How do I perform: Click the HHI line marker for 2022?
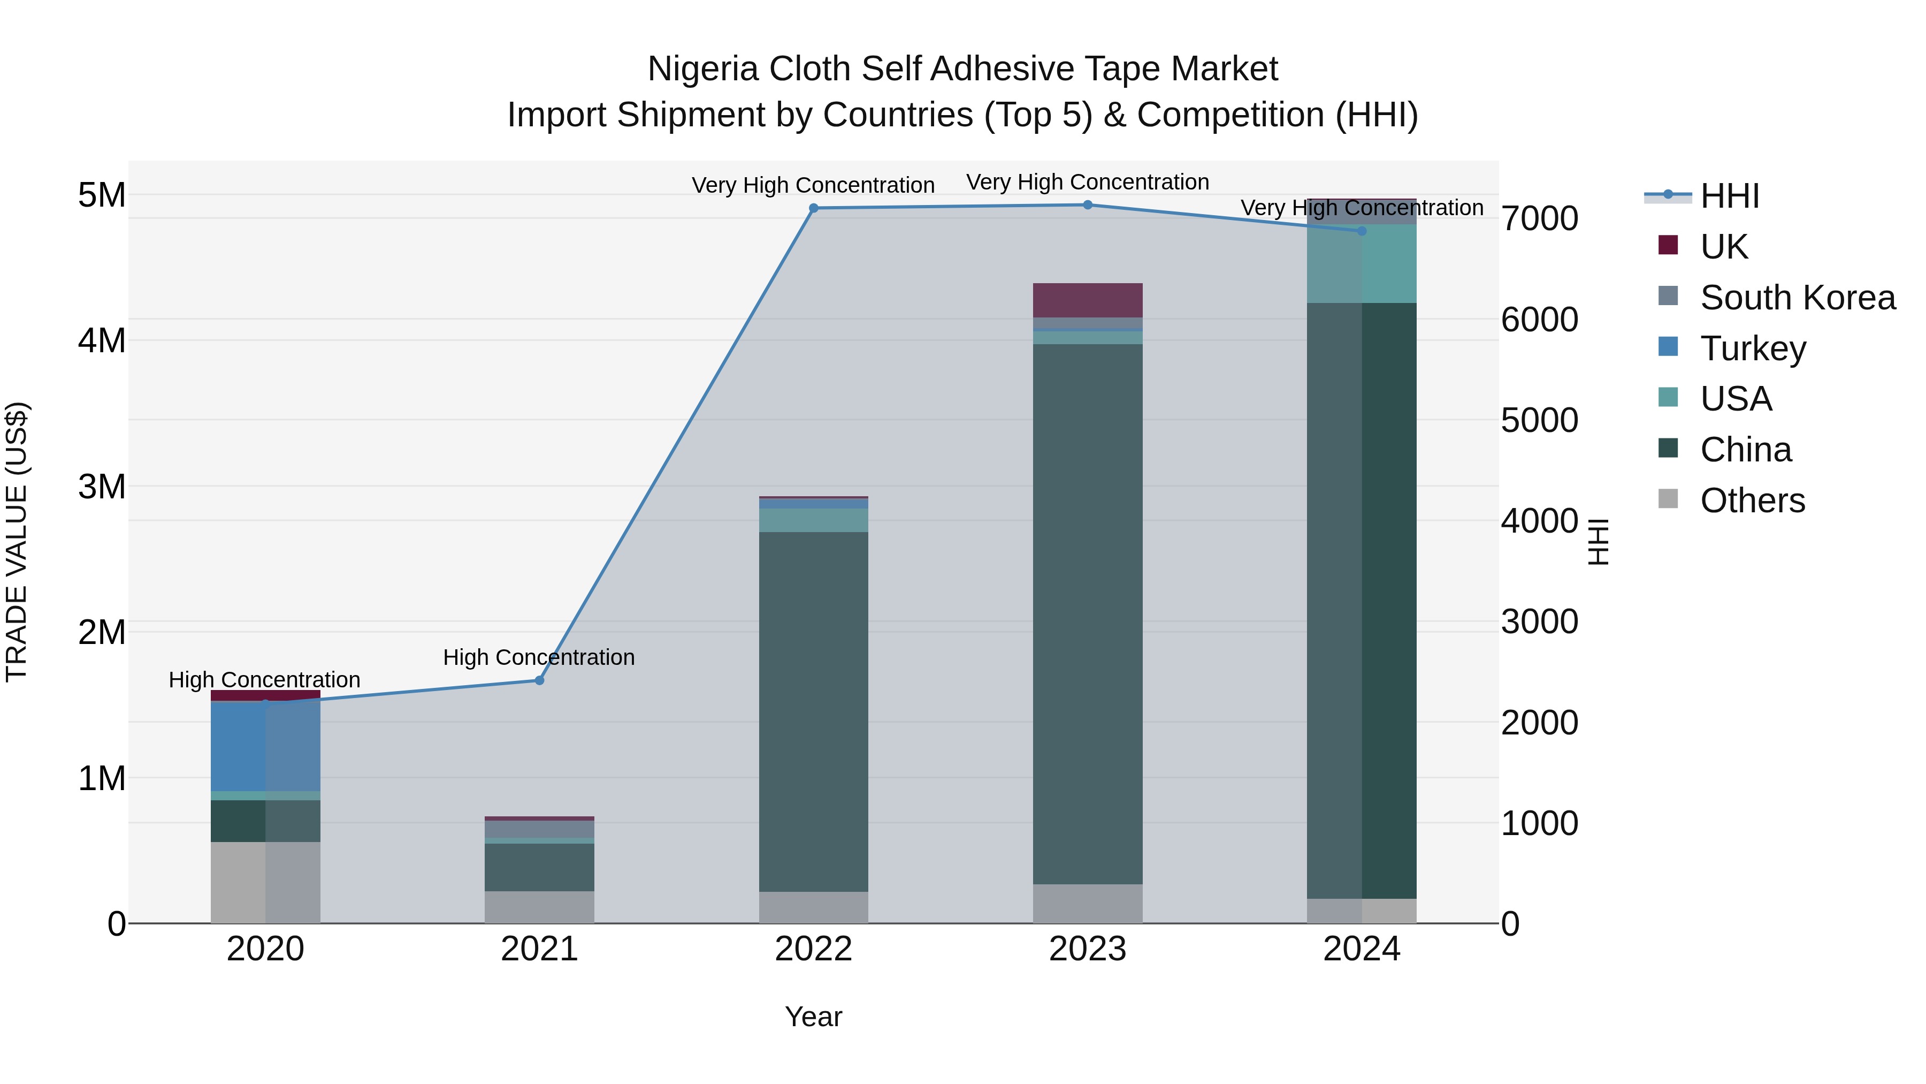coord(813,208)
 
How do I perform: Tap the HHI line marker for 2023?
coord(1088,205)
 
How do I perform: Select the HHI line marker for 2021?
coord(539,680)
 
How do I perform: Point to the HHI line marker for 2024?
coord(1362,231)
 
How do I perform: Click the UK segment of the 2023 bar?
coord(1088,300)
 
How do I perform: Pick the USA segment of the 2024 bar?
coord(1362,263)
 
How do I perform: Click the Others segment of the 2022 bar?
coord(813,907)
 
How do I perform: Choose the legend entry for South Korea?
coord(1798,298)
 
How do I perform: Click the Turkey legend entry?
coord(1753,348)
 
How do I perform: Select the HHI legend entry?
coord(1729,196)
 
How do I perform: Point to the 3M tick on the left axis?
coord(102,486)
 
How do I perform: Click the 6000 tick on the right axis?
coord(1539,320)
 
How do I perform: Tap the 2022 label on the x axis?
coord(813,949)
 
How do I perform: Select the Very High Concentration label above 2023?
coord(1087,182)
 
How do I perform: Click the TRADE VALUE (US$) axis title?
coord(17,542)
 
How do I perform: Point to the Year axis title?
coord(813,1017)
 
